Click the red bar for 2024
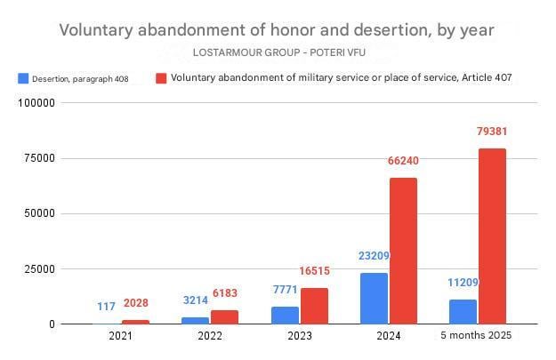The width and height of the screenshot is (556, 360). (403, 251)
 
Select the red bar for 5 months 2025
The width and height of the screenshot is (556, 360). (492, 236)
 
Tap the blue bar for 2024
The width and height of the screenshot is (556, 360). (374, 298)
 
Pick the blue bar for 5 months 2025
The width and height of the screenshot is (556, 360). (463, 311)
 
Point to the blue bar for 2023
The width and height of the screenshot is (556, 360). (285, 315)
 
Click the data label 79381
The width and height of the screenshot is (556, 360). (492, 132)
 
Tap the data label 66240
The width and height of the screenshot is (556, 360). (403, 161)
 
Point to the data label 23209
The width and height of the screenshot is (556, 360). (374, 256)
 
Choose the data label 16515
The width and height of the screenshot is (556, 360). (314, 271)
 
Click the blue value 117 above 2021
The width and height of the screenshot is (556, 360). (107, 307)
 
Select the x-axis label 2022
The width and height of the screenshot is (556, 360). (210, 336)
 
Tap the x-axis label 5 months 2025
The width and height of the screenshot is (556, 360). (477, 336)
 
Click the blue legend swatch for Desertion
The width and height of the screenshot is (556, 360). (23, 78)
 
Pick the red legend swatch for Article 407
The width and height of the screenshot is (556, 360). (160, 78)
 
